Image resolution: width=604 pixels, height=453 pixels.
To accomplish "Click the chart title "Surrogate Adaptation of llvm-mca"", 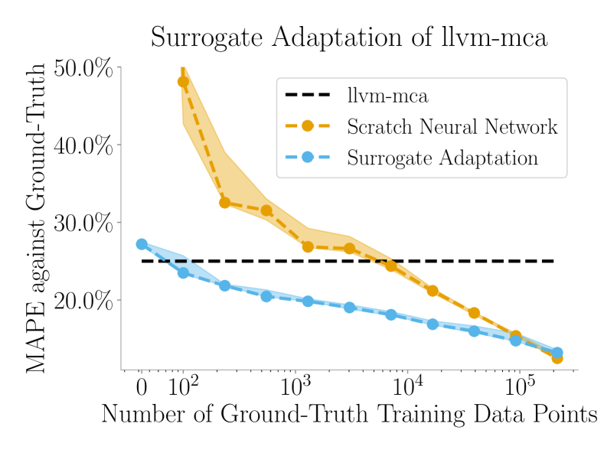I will (x=348, y=37).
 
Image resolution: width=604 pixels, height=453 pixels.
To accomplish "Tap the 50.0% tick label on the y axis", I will (x=84, y=69).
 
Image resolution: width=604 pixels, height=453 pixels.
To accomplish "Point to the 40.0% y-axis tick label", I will (x=84, y=145).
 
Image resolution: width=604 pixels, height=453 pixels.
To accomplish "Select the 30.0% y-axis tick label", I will (x=84, y=223).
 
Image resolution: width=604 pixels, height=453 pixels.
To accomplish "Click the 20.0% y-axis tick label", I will (x=84, y=299).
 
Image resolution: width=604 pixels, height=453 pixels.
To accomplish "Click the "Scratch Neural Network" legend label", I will (x=452, y=126).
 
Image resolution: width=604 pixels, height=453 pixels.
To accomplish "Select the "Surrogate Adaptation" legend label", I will (x=442, y=158).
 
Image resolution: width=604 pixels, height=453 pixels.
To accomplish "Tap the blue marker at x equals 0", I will (x=142, y=244).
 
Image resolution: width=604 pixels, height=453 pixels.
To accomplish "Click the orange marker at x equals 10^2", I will (x=183, y=82).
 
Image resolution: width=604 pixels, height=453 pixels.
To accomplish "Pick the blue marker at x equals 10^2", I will (x=183, y=272).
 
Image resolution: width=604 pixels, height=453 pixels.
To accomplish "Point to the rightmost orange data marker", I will (x=557, y=357).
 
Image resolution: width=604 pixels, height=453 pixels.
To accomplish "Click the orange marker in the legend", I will (x=307, y=126).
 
